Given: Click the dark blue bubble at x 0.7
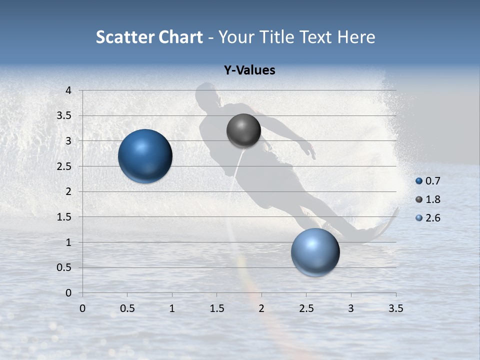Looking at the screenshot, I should point(145,156).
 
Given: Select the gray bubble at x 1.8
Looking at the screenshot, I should point(243,131).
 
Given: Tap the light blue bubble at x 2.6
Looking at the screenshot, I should point(315,252).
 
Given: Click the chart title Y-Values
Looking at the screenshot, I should point(249,70).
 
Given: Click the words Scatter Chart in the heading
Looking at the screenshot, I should point(149,37).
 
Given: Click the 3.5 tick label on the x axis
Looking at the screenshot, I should point(395,308).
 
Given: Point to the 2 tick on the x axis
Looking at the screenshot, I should point(261,308).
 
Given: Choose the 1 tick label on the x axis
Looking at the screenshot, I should point(172,308).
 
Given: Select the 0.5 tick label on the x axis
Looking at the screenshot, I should point(127,308).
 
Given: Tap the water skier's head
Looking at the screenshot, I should point(206,94).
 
